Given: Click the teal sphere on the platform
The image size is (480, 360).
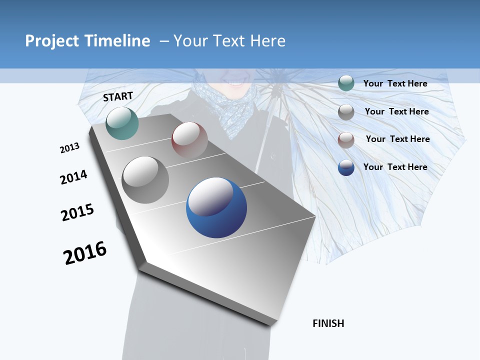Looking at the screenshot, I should (122, 123).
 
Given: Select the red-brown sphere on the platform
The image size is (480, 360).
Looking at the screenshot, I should (189, 140).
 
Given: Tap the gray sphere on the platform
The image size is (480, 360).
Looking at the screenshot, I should (145, 179).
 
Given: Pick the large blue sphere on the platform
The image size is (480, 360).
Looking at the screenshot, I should (216, 207).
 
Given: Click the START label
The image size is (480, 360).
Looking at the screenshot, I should (118, 96).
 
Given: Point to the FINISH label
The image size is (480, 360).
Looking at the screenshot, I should (328, 323).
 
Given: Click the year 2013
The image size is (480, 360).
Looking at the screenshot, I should (69, 148).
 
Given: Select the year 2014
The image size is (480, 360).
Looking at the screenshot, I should (73, 177).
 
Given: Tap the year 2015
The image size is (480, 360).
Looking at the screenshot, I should (77, 212).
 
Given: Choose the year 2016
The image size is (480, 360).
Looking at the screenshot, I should (85, 252).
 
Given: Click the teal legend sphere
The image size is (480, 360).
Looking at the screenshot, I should (346, 83).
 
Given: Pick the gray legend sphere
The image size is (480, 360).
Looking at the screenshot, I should (346, 112).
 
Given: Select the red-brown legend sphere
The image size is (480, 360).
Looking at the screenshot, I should (346, 139).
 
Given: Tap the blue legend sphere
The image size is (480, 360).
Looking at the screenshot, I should (346, 167).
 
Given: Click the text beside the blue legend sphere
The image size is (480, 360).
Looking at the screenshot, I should (395, 167).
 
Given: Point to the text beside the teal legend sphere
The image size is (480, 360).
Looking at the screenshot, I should (395, 83).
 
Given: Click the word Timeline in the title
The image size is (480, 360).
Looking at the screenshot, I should (118, 41).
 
